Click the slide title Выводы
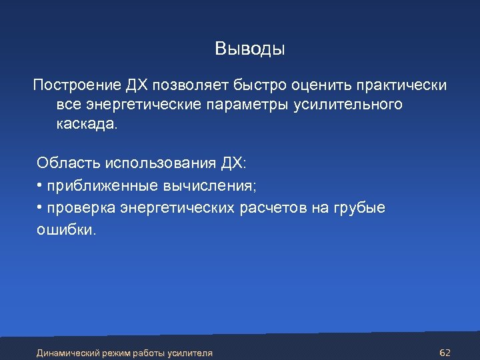[x=249, y=49]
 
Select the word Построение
[x=75, y=86]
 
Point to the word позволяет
[x=193, y=86]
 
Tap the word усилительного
[x=347, y=105]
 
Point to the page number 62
[x=446, y=352]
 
